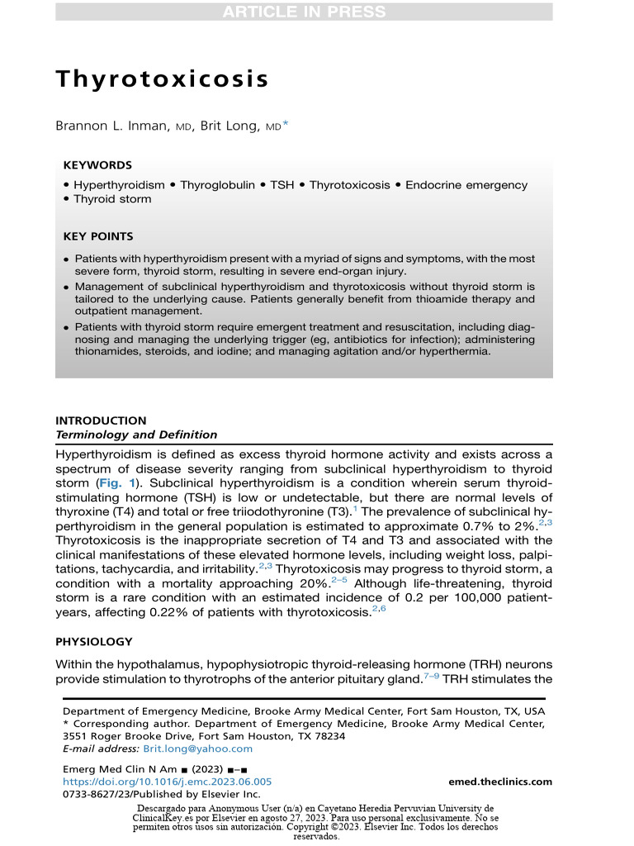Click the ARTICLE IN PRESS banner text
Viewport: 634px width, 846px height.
tap(304, 12)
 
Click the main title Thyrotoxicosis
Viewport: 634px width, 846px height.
tap(162, 79)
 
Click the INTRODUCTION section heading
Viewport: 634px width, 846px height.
tap(101, 421)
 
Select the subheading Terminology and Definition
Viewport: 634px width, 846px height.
tap(136, 435)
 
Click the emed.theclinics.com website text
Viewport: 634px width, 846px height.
tap(500, 782)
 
